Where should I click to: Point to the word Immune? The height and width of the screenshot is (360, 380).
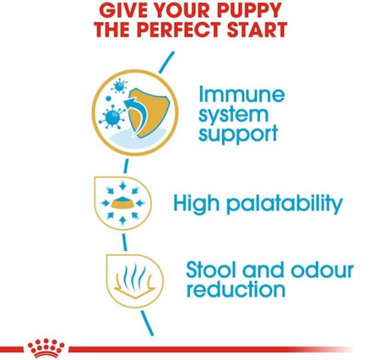241,95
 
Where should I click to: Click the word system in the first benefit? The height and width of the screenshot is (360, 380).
233,115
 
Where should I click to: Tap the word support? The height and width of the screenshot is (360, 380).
238,135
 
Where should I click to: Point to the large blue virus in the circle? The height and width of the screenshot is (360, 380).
112,117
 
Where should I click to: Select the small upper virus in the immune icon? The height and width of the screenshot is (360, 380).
119,86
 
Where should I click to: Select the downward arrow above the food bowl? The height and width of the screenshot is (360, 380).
123,186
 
